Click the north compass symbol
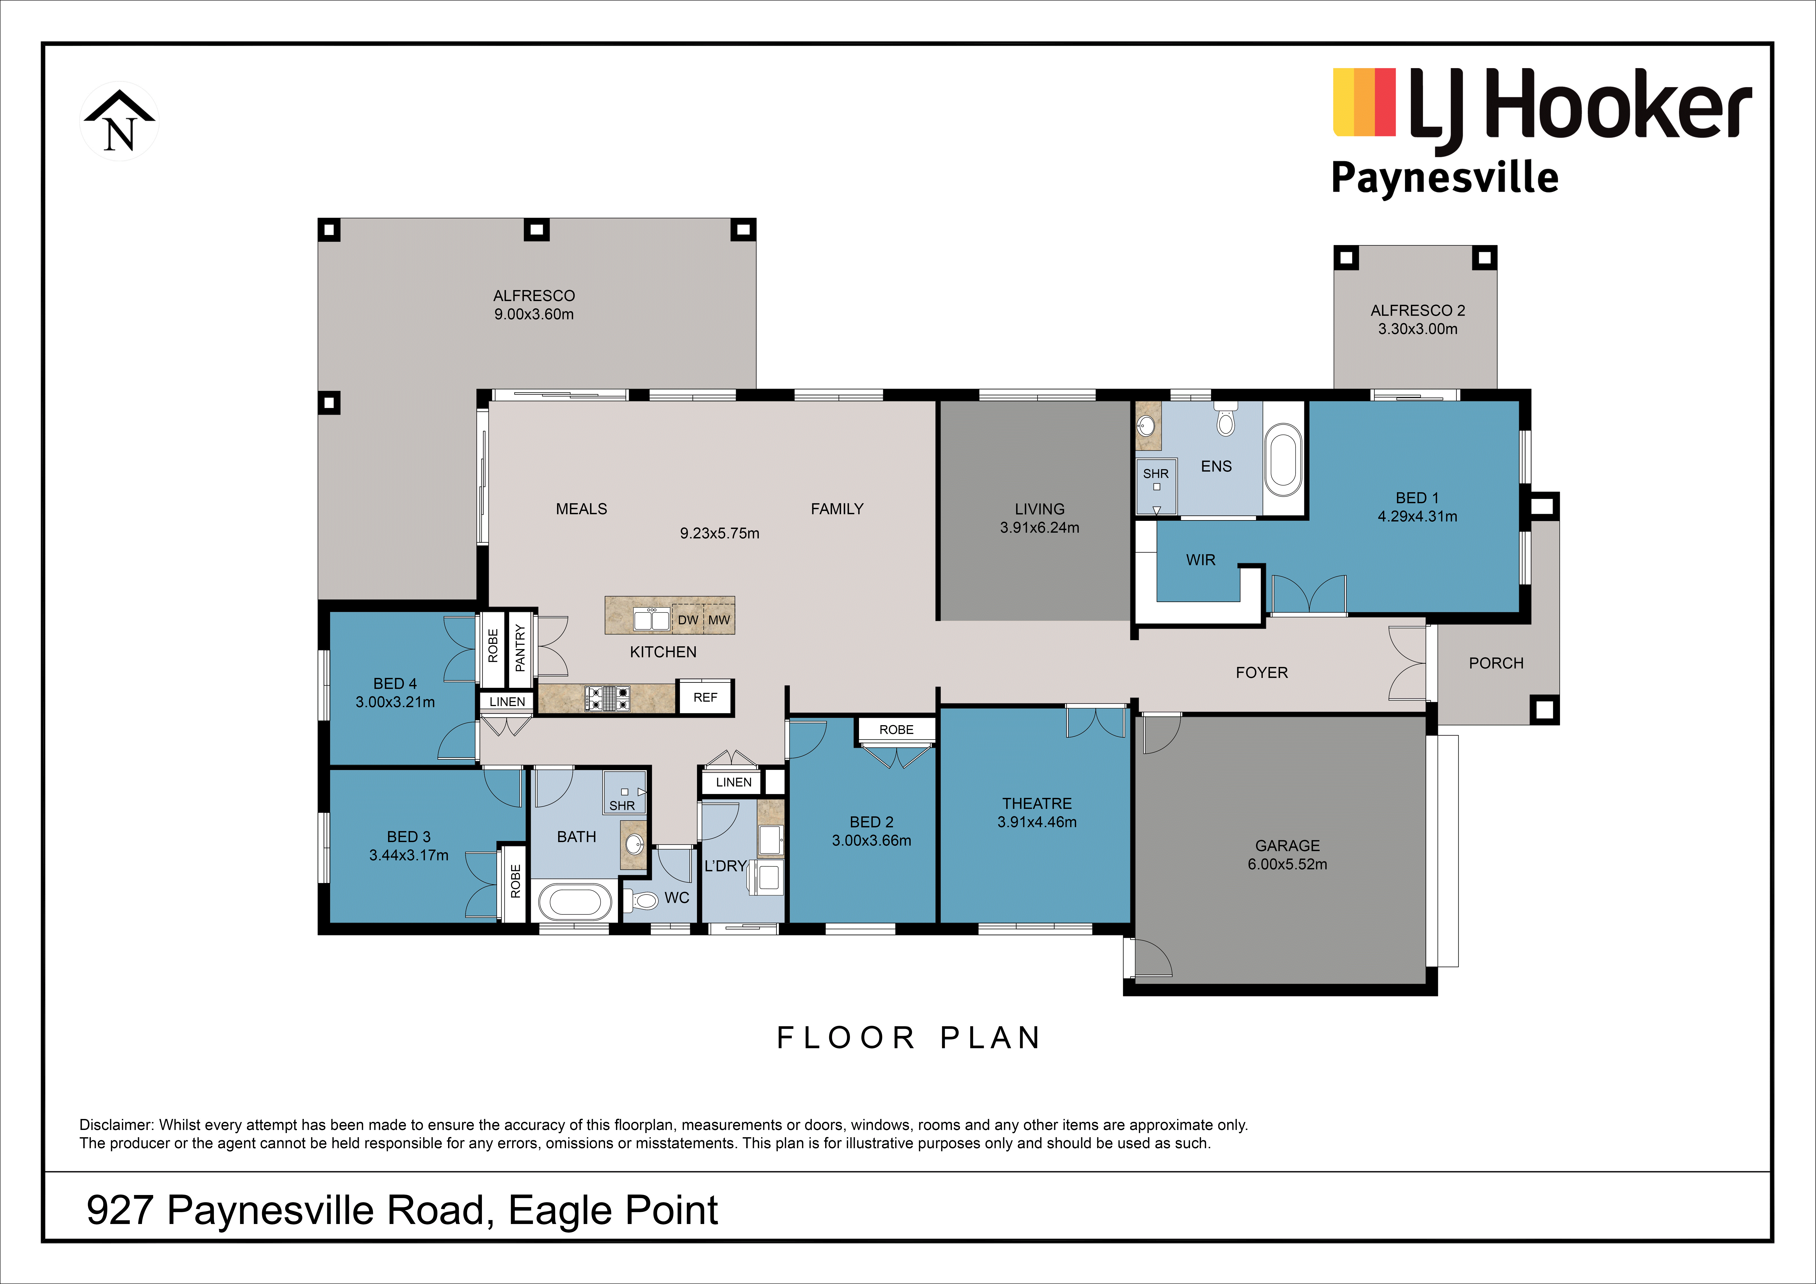(x=119, y=121)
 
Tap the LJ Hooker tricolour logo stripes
(x=1364, y=102)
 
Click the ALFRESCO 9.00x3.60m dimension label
(x=534, y=314)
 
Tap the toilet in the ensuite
(x=1225, y=420)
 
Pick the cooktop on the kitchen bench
(x=607, y=698)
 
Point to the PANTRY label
(x=520, y=648)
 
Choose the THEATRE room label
(x=1037, y=803)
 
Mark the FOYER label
(x=1262, y=672)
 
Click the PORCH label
(x=1496, y=663)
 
